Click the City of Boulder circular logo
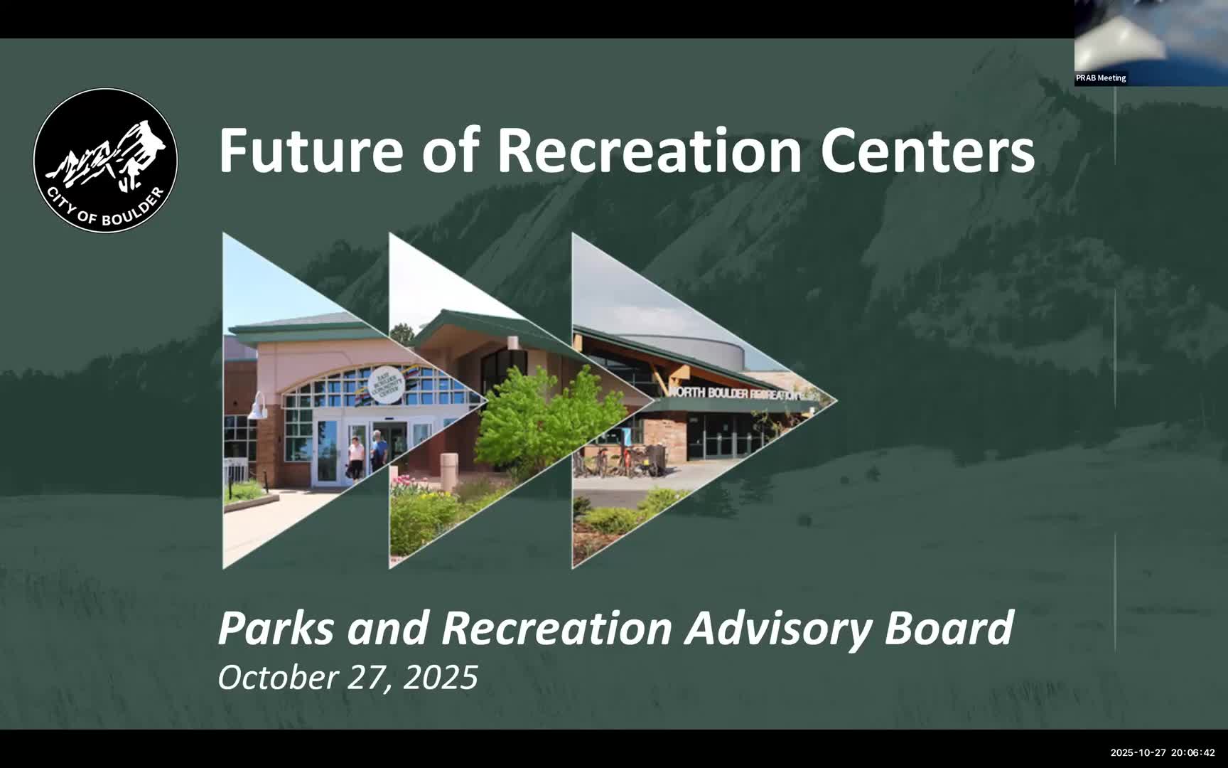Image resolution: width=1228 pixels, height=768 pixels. point(105,160)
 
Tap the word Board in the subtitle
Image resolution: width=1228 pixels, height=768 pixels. point(949,628)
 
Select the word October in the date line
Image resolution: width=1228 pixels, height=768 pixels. point(278,677)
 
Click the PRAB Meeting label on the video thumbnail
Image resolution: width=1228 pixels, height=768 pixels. point(1101,78)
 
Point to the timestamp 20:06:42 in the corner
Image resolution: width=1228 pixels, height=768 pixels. point(1193,752)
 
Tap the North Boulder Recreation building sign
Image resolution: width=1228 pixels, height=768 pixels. point(735,393)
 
